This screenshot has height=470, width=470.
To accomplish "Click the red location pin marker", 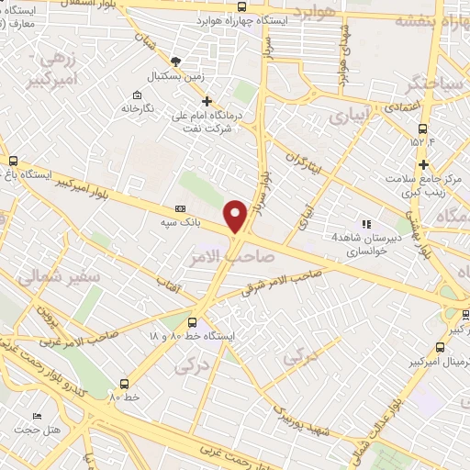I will click(x=235, y=215).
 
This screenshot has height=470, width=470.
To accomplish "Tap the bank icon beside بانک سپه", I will click(x=179, y=208).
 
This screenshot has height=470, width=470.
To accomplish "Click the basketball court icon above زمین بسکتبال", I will click(x=176, y=62).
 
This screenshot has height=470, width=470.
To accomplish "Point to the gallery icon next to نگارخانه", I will click(x=137, y=95).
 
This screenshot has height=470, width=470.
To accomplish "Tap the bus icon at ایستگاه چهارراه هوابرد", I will click(x=241, y=6).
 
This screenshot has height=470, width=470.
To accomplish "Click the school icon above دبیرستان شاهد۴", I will click(x=366, y=223).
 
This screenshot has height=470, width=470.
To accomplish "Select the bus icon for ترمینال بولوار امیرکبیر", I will click(x=442, y=347).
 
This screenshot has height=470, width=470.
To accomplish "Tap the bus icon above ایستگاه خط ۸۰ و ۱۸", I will click(x=192, y=322).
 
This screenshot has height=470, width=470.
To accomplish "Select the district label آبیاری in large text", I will click(x=352, y=117).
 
